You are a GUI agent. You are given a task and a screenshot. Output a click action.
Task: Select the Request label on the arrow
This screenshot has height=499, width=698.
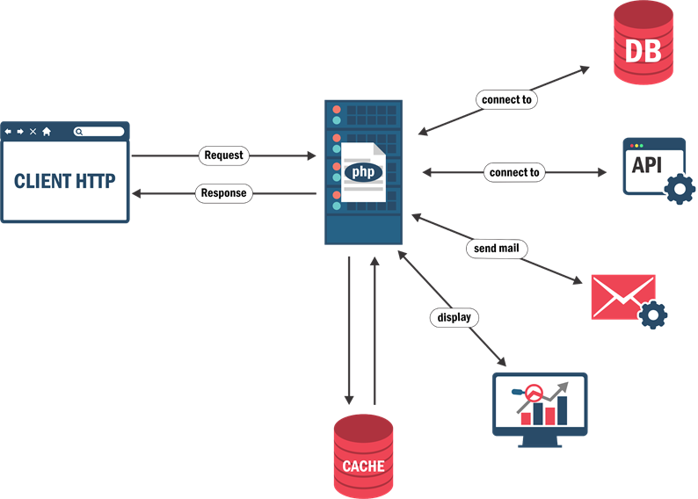pyautogui.click(x=223, y=155)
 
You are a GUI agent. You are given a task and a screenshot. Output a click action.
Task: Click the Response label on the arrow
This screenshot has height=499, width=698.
pyautogui.click(x=223, y=193)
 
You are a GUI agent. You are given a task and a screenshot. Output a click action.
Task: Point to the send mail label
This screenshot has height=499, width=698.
pyautogui.click(x=496, y=249)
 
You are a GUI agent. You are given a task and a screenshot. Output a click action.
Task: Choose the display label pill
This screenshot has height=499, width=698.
pyautogui.click(x=454, y=317)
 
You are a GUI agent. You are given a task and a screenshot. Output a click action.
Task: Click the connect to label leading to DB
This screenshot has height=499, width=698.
pyautogui.click(x=506, y=99)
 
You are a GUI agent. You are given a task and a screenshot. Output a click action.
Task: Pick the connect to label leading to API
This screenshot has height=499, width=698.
pyautogui.click(x=514, y=172)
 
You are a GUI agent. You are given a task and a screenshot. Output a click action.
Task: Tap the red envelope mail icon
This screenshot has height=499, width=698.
pyautogui.click(x=622, y=296)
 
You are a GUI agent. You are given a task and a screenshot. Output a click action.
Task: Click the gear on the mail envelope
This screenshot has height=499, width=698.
pyautogui.click(x=653, y=314)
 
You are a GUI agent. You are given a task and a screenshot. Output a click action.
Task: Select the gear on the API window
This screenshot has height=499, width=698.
pyautogui.click(x=680, y=189)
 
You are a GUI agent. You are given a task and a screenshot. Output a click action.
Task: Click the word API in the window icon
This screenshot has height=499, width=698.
pyautogui.click(x=647, y=165)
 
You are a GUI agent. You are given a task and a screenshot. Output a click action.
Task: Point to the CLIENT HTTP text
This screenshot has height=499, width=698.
pyautogui.click(x=65, y=182)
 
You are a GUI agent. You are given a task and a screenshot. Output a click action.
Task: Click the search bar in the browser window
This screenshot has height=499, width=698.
pyautogui.click(x=98, y=132)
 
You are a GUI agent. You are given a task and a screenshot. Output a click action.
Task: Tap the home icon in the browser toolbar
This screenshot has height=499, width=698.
pyautogui.click(x=47, y=132)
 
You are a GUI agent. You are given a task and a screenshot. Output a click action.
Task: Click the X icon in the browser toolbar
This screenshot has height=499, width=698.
pyautogui.click(x=33, y=132)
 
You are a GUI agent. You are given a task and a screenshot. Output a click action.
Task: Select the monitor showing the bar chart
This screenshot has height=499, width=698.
pyautogui.click(x=539, y=404)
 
